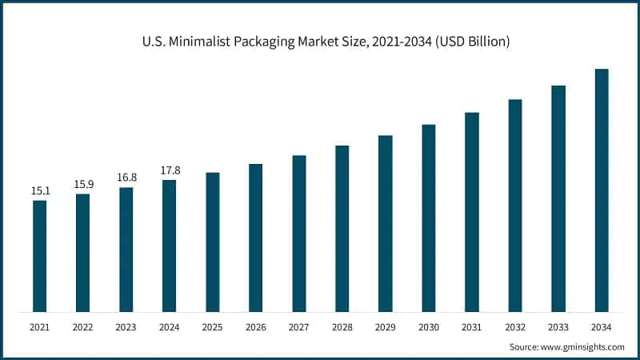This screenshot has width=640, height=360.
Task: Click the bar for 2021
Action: (39, 256)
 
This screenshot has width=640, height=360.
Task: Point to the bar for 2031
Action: (472, 212)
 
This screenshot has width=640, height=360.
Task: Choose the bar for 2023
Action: (126, 250)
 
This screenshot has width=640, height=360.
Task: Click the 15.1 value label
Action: (39, 191)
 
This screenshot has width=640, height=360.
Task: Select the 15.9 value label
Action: (82, 185)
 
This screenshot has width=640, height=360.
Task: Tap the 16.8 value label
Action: (126, 178)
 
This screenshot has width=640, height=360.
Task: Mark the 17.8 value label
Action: (169, 170)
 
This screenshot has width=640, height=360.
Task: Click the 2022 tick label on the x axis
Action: (82, 327)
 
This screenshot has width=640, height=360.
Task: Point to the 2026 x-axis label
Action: (255, 327)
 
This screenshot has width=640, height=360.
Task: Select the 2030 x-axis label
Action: (429, 327)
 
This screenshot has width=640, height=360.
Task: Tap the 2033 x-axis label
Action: (558, 327)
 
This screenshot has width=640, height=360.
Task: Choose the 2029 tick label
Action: (385, 327)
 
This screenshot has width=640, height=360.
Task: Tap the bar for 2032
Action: (515, 206)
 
